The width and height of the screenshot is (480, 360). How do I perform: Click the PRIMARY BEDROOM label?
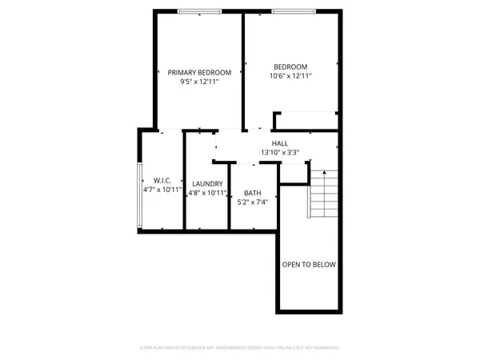[x=199, y=72]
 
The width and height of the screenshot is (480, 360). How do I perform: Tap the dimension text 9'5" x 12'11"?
[x=199, y=81]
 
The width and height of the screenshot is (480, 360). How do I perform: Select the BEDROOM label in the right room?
[x=290, y=67]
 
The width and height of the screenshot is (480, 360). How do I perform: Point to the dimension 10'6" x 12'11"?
[x=290, y=76]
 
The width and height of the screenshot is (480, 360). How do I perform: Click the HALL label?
[x=280, y=143]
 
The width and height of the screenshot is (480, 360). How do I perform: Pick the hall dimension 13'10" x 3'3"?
[x=280, y=152]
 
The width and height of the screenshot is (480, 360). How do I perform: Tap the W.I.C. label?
[x=162, y=181]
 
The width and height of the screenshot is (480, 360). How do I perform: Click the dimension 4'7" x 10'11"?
[x=162, y=190]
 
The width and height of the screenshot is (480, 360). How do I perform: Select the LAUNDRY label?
[x=207, y=183]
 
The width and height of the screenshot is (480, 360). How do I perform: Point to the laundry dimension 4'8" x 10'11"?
[x=207, y=193]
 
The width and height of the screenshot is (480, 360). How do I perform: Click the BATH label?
[x=253, y=193]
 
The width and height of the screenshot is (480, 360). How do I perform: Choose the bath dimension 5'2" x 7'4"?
[x=253, y=202]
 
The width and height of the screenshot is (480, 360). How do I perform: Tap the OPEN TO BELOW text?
[x=309, y=265]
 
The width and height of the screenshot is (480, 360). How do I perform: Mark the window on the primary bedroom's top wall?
[x=200, y=11]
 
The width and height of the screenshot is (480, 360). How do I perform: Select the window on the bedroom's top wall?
[x=292, y=11]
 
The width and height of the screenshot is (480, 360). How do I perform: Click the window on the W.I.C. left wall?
[x=139, y=191]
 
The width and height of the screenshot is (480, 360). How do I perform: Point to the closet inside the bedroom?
[x=306, y=121]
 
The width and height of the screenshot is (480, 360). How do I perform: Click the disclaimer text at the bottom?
[x=240, y=348]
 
